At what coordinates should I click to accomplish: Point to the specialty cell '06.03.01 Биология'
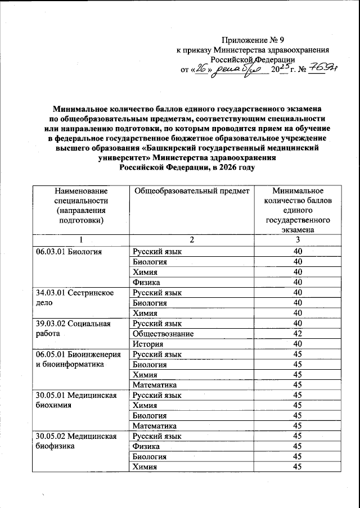tap(69, 251)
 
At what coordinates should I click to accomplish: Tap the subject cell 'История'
tap(148, 344)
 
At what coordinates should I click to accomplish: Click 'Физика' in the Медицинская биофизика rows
tap(146, 447)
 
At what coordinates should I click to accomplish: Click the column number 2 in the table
tap(192, 241)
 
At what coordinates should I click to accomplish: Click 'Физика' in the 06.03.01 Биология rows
tap(146, 282)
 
